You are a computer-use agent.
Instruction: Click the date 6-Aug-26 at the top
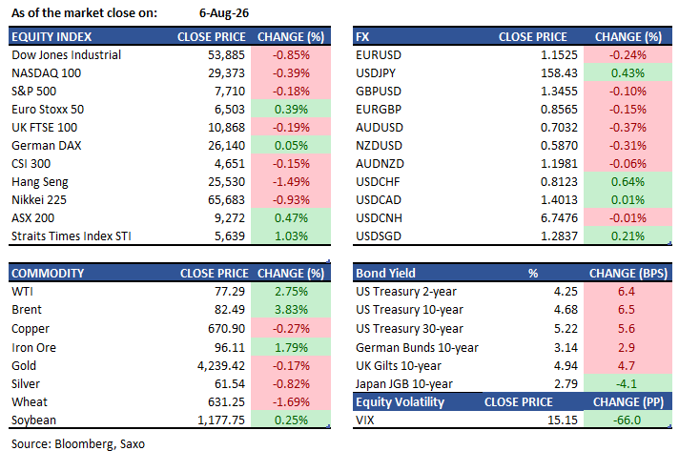click(224, 13)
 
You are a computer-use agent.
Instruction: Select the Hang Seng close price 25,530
click(226, 182)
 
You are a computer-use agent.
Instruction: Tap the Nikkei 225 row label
click(39, 200)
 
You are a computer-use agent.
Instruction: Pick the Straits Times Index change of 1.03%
click(291, 236)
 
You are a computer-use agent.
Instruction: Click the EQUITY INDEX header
click(51, 37)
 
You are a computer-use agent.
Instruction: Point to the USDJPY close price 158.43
click(559, 73)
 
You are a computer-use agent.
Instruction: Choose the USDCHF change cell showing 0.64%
click(628, 182)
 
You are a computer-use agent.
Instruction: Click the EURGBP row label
click(379, 110)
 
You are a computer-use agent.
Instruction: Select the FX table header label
click(362, 37)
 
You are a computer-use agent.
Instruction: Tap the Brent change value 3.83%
click(291, 310)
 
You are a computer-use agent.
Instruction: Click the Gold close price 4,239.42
click(221, 366)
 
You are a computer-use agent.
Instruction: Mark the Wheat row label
click(30, 402)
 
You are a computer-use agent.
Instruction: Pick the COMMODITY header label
click(48, 274)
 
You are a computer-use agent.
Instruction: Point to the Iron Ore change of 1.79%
click(291, 348)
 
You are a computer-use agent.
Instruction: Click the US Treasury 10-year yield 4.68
click(566, 310)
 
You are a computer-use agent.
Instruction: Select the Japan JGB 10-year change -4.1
click(627, 384)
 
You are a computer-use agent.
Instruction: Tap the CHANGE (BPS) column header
click(628, 274)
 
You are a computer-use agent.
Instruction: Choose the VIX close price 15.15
click(563, 420)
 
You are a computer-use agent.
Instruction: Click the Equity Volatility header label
click(401, 402)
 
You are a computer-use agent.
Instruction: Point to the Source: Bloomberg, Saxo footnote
click(78, 444)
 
